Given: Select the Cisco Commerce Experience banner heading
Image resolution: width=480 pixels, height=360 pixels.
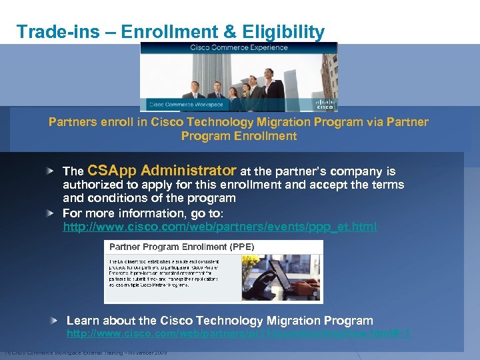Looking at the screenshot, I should point(239,47).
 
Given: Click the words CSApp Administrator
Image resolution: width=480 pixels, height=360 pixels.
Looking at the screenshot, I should point(161,170).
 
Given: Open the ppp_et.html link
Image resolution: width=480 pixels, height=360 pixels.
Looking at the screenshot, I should point(219,227).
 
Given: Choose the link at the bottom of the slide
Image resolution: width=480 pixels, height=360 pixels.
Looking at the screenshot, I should point(238,333).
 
